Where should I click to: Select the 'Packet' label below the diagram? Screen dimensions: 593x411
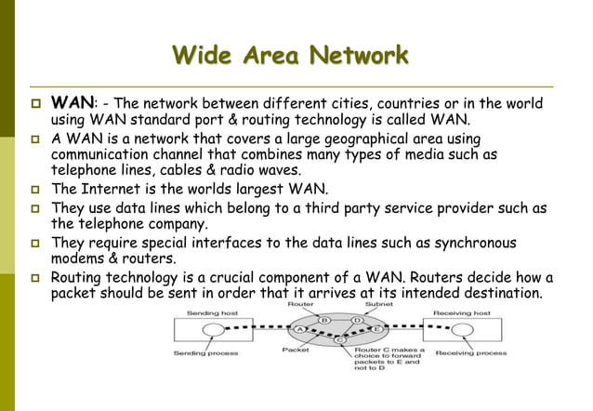[x=296, y=350]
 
